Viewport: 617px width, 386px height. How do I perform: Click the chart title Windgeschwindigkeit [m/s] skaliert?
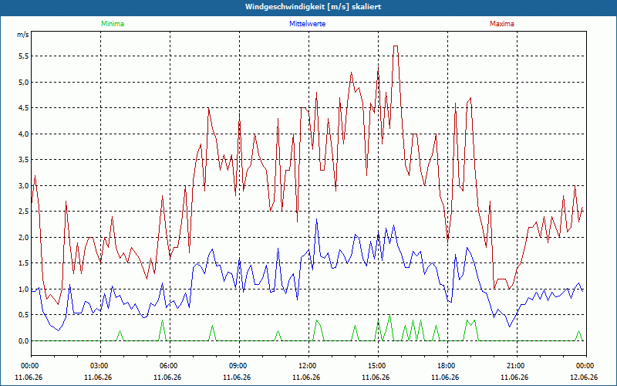click(x=313, y=7)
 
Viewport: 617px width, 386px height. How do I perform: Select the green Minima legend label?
click(x=113, y=24)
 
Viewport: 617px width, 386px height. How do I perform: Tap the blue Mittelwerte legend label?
click(x=307, y=24)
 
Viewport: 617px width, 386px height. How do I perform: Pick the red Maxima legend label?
click(x=502, y=24)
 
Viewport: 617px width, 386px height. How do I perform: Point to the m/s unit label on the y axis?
click(x=23, y=35)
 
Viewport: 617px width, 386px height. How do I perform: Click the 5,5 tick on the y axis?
click(x=23, y=56)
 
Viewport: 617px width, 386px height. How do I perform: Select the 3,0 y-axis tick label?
click(x=23, y=185)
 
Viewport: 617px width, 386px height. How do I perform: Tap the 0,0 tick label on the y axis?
click(x=23, y=340)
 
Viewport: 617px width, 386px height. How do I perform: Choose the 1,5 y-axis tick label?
click(x=23, y=263)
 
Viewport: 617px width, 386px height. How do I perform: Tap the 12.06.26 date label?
click(x=584, y=377)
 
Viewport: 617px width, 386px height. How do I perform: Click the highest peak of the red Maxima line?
click(x=396, y=46)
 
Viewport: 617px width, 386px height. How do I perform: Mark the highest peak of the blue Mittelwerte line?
click(x=316, y=219)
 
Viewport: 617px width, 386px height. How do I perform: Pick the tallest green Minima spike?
click(x=389, y=315)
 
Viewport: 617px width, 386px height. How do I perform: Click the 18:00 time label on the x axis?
click(x=447, y=366)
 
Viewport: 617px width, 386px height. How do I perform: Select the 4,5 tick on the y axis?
click(x=23, y=108)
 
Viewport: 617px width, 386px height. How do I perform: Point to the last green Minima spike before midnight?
click(x=578, y=331)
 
